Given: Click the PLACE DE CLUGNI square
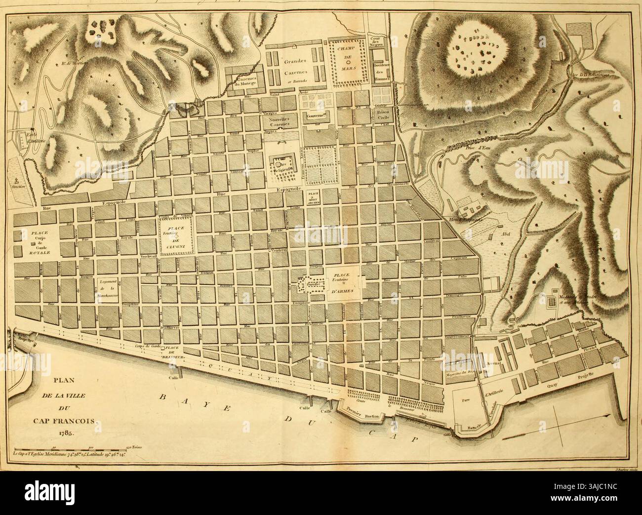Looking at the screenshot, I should [x=176, y=236].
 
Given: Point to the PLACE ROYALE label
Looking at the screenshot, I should [x=31, y=241].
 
